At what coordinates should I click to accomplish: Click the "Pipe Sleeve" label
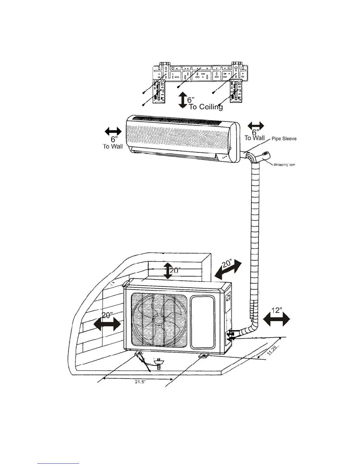click(x=284, y=139)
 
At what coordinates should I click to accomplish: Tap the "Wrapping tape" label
click(x=284, y=165)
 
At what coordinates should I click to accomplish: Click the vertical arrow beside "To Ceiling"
click(x=183, y=100)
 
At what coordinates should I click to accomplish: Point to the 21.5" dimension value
click(x=140, y=382)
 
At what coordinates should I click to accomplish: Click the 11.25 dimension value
click(x=272, y=351)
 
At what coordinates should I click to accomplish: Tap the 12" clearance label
click(x=277, y=310)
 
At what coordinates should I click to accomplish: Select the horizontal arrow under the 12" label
click(x=276, y=319)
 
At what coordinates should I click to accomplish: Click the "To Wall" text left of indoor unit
click(x=113, y=146)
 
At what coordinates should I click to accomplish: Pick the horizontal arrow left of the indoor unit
click(x=113, y=132)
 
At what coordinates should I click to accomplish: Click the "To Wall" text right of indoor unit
click(x=254, y=138)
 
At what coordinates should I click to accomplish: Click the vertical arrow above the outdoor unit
click(x=167, y=271)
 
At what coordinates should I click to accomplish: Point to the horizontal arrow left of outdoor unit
click(x=107, y=325)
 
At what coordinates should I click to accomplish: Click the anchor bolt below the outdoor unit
click(x=159, y=364)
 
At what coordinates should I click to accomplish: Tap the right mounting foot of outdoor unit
click(x=204, y=356)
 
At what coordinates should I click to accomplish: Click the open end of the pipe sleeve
click(x=266, y=154)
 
